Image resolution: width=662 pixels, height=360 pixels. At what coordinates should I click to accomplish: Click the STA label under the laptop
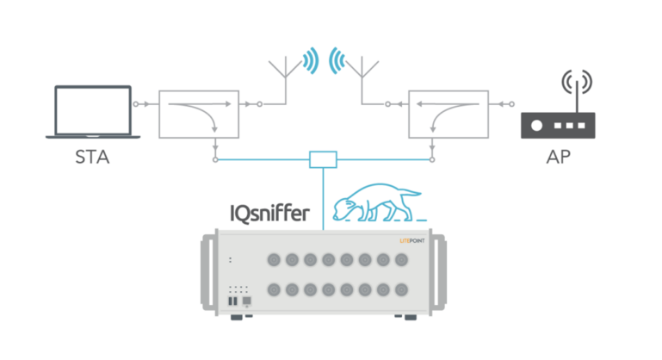(92, 158)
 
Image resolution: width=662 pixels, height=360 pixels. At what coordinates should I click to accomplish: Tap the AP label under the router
(558, 158)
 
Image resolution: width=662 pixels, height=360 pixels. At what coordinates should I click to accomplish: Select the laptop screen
(93, 111)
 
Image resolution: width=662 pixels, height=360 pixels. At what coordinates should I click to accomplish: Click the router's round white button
(536, 126)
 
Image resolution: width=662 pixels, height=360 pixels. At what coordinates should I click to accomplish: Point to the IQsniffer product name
(269, 214)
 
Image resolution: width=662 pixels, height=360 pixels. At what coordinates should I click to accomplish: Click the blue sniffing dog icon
(377, 202)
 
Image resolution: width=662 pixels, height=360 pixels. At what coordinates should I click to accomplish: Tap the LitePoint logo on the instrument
(412, 241)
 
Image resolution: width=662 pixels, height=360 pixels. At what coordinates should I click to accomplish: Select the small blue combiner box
(323, 159)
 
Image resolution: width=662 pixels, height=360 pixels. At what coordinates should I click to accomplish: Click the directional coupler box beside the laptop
(199, 114)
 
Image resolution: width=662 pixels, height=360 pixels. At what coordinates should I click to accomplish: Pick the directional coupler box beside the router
(449, 114)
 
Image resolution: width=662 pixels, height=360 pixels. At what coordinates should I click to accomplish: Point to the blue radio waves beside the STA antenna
(312, 60)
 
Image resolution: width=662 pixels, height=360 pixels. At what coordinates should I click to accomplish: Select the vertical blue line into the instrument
(323, 199)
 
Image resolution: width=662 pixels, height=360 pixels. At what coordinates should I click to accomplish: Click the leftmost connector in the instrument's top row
(274, 260)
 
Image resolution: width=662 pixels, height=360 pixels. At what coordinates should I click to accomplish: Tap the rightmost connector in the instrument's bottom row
(401, 290)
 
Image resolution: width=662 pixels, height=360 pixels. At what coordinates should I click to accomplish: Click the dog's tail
(409, 192)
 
